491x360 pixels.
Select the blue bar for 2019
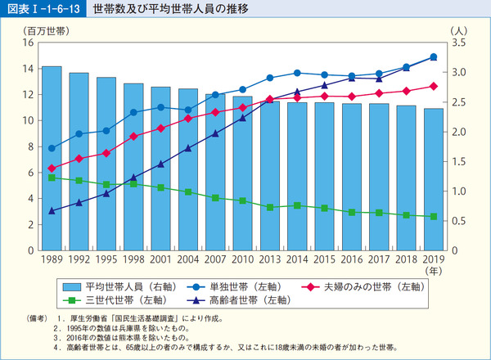(433, 179)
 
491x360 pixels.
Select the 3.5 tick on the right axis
(458, 42)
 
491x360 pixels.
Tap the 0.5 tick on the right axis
(458, 221)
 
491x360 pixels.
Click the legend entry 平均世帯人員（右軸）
(109, 286)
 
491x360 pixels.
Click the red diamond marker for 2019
(433, 86)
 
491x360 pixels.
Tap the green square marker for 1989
(52, 178)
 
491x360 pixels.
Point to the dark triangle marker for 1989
(52, 211)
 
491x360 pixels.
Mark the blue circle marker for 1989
(52, 148)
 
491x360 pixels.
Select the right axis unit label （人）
(458, 29)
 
